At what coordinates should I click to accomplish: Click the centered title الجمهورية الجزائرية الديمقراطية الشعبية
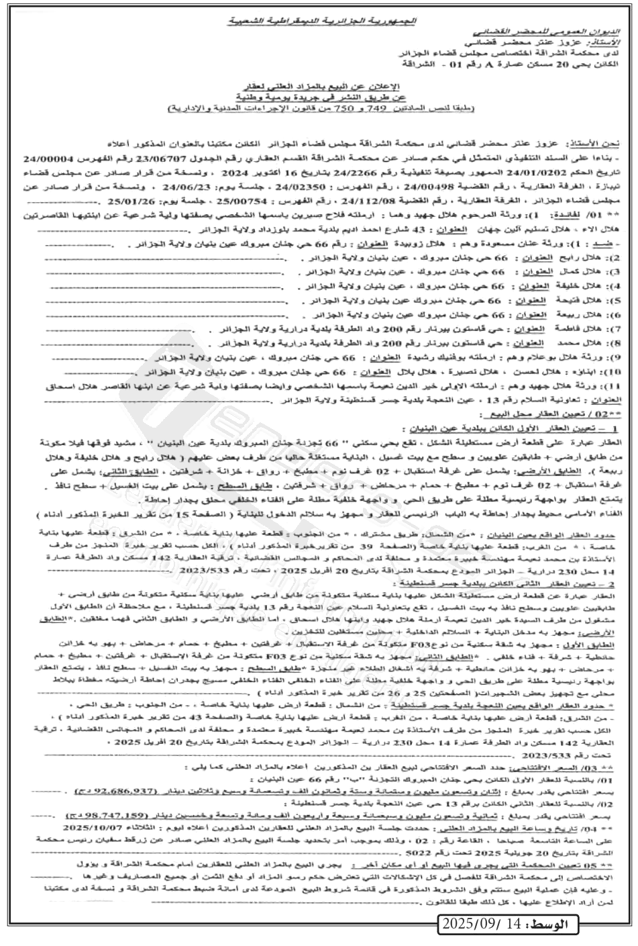[318, 21]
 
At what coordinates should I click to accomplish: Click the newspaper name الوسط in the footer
[547, 925]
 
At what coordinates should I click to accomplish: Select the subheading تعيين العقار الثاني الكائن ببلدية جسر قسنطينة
[533, 583]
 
